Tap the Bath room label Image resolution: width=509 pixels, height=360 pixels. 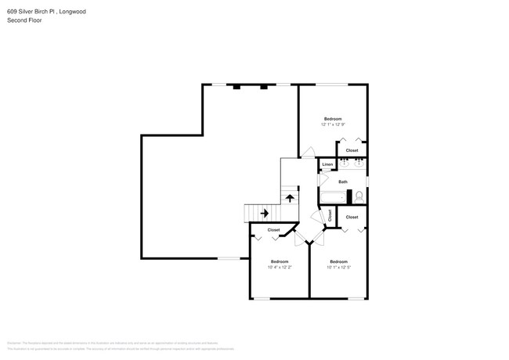point(342,181)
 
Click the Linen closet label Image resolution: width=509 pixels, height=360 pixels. point(327,164)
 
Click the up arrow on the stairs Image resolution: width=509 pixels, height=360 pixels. point(290,198)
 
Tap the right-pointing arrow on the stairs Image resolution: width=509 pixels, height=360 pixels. point(265,212)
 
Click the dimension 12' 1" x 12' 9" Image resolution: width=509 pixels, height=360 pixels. point(332,124)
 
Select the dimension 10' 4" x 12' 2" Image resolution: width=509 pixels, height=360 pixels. point(280,267)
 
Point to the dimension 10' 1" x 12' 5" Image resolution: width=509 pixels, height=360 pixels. point(338,267)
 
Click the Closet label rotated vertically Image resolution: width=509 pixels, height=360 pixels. point(330,214)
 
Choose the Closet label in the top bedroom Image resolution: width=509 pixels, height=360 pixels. point(352,150)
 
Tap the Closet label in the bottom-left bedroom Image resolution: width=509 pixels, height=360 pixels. point(274,230)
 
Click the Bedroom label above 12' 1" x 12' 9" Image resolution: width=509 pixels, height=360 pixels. point(333,118)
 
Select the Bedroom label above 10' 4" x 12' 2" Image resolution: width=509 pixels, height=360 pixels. point(280,261)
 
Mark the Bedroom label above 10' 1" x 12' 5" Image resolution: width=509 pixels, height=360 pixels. point(338,261)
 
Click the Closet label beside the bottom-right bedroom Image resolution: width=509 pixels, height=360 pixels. point(352,217)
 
